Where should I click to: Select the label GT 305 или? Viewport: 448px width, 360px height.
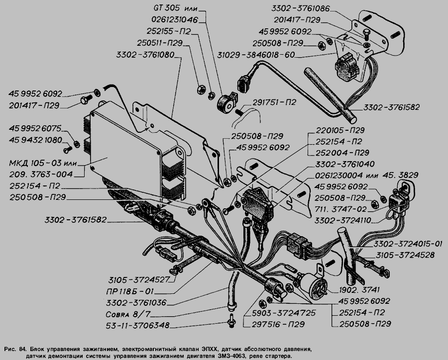pos(175,8)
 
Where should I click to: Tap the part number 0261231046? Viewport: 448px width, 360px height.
pos(175,19)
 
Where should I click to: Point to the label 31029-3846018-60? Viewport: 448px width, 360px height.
pos(256,55)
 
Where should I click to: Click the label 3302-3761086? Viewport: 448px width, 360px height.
pos(300,8)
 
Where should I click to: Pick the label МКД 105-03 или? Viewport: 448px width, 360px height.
pos(43,163)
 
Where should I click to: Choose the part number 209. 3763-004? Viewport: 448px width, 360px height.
pos(41,174)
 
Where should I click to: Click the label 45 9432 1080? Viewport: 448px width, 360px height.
pos(35,140)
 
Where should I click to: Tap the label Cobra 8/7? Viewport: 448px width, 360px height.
pos(128,314)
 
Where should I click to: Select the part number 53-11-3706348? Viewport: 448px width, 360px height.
pos(137,325)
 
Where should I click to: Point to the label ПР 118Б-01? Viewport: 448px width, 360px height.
pos(129,291)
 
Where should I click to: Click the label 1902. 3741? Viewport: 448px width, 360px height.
pos(359,290)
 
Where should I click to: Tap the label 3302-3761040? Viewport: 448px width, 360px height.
pos(345,164)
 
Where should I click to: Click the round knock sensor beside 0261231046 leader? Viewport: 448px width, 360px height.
pos(225,103)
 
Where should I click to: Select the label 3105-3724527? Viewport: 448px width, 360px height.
pos(139,279)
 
